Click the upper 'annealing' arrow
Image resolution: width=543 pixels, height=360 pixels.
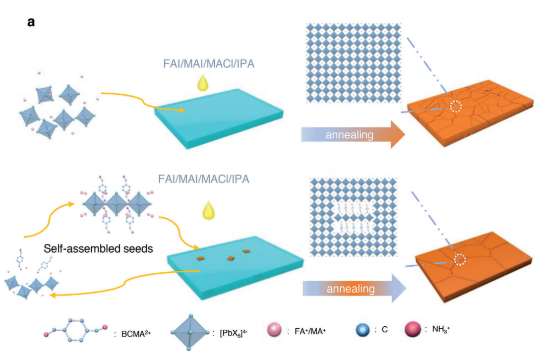tap(352, 134)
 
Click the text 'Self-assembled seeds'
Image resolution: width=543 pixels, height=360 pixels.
tap(98, 249)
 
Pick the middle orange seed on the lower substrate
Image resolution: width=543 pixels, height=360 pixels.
tap(230, 258)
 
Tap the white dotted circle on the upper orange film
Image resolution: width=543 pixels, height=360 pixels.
tap(456, 106)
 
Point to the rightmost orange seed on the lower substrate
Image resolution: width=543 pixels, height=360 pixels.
tap(246, 251)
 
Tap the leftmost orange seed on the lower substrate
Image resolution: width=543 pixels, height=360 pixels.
tap(201, 259)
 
